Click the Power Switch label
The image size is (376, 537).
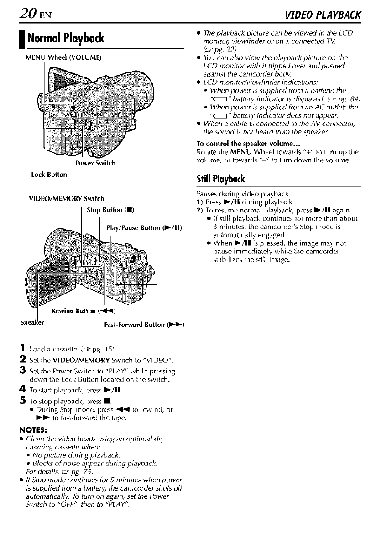pyautogui.click(x=98, y=163)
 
